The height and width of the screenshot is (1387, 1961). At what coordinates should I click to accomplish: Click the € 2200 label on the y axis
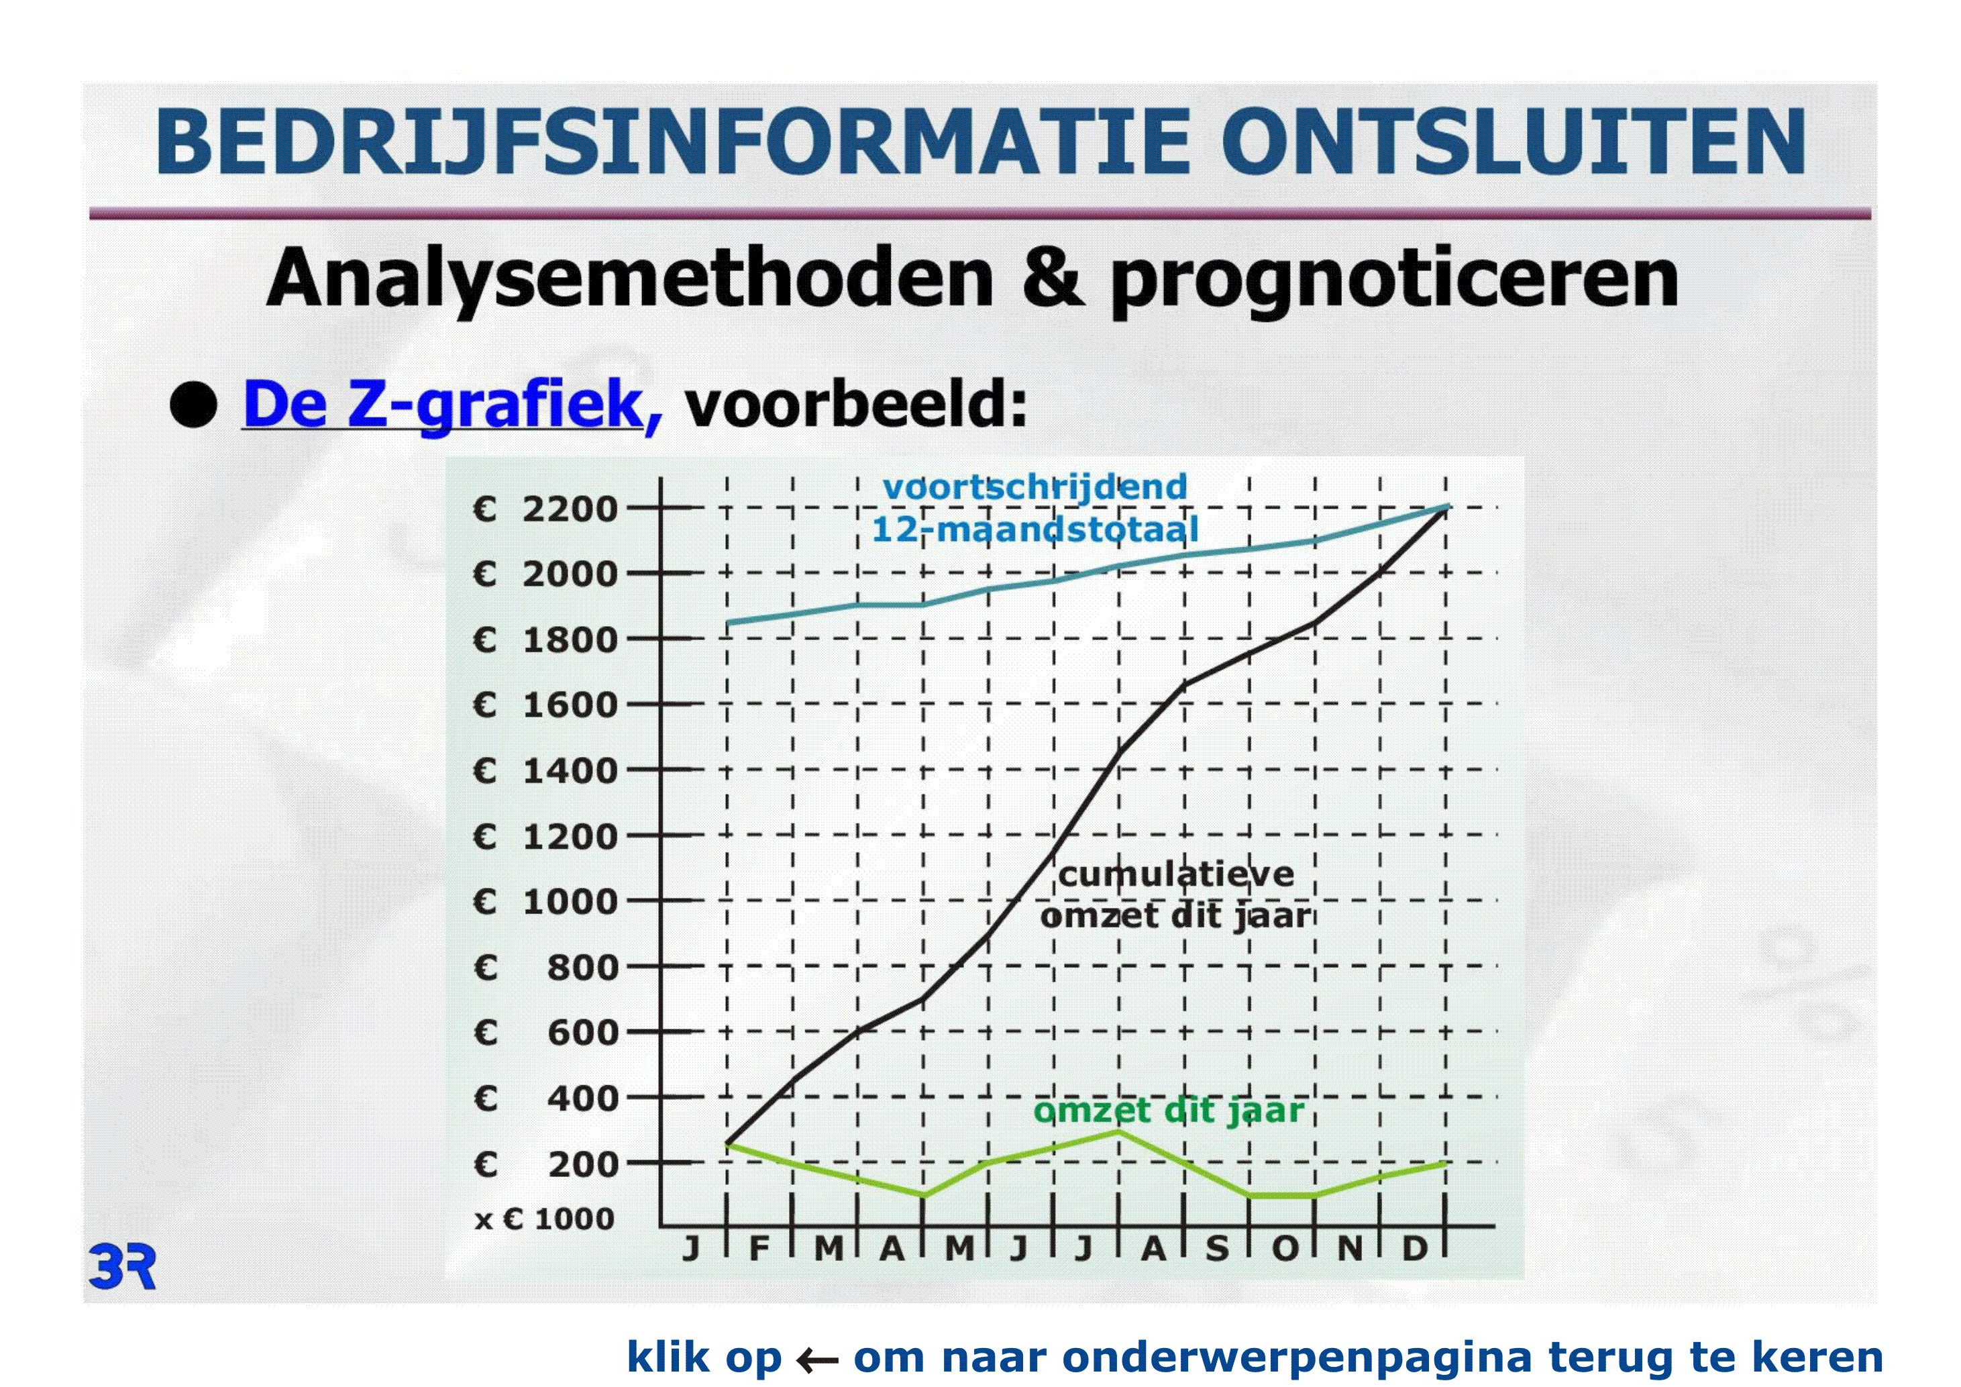pyautogui.click(x=545, y=509)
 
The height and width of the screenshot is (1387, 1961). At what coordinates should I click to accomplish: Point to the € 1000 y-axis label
pyautogui.click(x=545, y=902)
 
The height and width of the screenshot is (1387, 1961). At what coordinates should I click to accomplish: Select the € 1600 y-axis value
pyautogui.click(x=545, y=705)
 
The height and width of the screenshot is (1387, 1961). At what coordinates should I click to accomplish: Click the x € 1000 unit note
pyautogui.click(x=545, y=1219)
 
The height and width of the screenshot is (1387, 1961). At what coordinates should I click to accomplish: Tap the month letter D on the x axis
pyautogui.click(x=1414, y=1249)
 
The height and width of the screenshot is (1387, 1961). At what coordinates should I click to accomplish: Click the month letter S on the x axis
pyautogui.click(x=1217, y=1249)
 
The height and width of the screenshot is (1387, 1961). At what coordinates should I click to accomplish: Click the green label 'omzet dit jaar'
pyautogui.click(x=1169, y=1111)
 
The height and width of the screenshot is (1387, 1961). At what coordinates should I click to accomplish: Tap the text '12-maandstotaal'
pyautogui.click(x=1035, y=529)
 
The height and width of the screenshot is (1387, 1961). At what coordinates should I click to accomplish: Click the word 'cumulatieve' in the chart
pyautogui.click(x=1177, y=874)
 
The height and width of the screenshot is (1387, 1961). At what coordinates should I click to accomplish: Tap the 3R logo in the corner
pyautogui.click(x=122, y=1268)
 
